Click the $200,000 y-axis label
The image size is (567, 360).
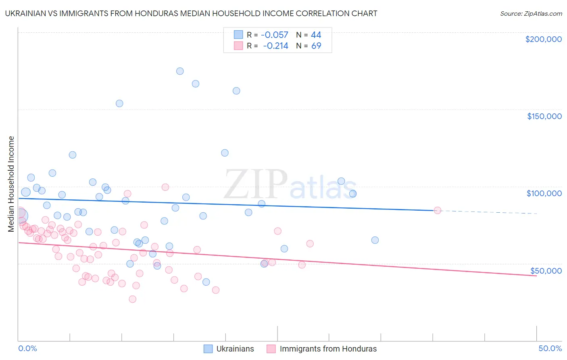point(543,39)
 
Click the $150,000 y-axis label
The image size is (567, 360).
point(544,116)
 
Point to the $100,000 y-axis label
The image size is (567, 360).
point(544,193)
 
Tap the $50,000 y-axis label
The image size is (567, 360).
point(546,270)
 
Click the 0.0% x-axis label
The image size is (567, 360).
point(27,348)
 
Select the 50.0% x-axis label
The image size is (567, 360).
point(550,348)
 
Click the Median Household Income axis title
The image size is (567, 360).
point(11,184)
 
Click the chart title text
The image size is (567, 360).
point(191,13)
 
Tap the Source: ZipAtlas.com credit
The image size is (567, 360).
point(531,13)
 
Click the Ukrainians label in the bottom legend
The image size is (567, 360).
point(235,349)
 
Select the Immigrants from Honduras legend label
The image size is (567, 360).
point(328,349)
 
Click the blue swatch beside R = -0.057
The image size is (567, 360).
point(238,35)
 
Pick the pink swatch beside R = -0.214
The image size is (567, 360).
point(238,46)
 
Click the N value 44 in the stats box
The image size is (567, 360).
point(316,35)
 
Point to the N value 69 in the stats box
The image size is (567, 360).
point(316,46)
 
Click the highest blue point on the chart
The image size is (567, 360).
point(180,71)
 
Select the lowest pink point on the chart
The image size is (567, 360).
point(132,299)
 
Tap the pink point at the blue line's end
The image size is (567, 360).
point(437,210)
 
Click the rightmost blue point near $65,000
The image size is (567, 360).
point(375,240)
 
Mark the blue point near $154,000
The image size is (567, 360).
point(119,103)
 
